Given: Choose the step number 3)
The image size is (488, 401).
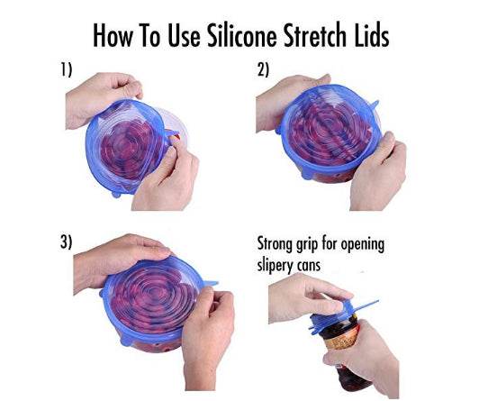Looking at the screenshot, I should [64, 242].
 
